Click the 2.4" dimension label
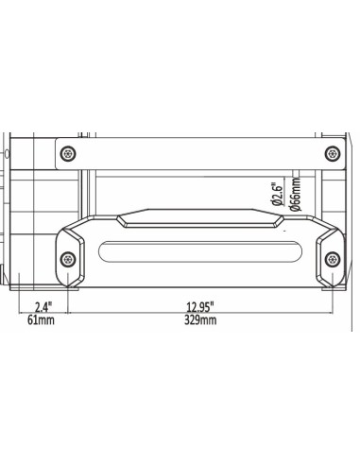pos(43,307)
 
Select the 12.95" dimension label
pos(199,307)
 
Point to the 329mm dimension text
pos(199,322)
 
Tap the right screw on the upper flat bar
pos(330,154)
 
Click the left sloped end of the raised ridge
pos(124,219)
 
